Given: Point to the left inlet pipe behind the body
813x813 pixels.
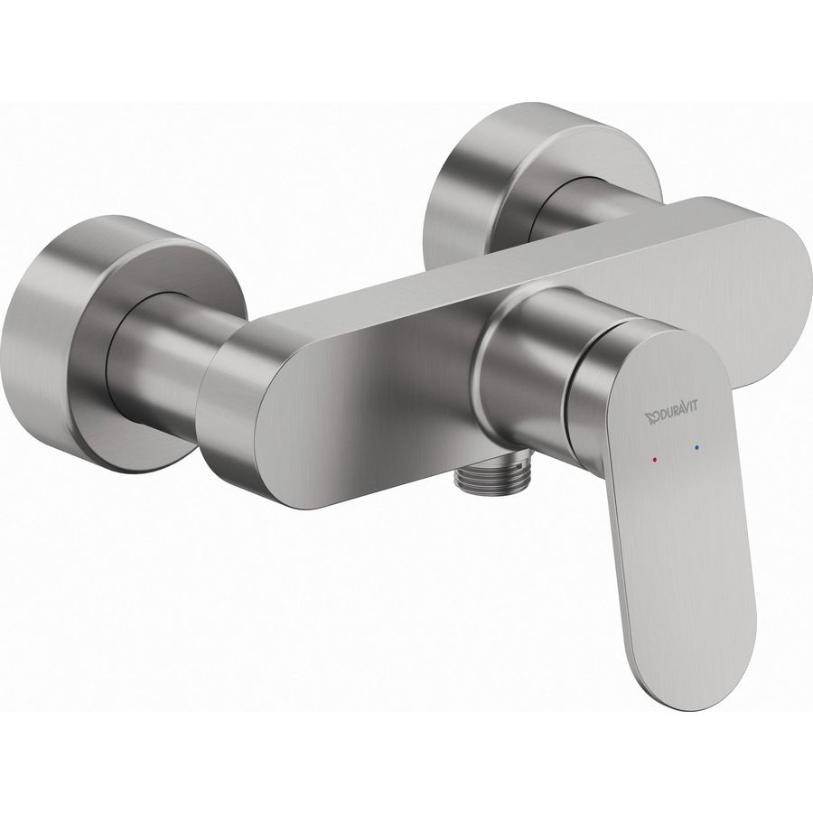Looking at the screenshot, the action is (171, 358).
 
